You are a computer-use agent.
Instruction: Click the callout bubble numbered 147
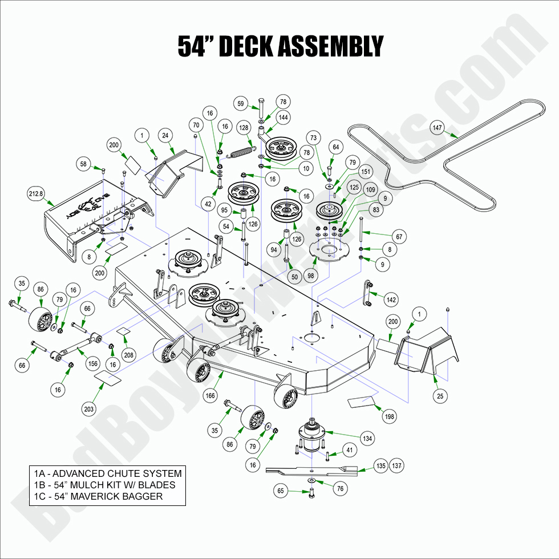pyautogui.click(x=438, y=128)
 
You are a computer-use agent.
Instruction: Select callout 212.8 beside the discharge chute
pyautogui.click(x=36, y=194)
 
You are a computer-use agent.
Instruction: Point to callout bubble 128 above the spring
pyautogui.click(x=244, y=128)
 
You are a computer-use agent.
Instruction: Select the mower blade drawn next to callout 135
pyautogui.click(x=311, y=470)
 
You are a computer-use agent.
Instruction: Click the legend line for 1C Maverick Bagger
pyautogui.click(x=98, y=496)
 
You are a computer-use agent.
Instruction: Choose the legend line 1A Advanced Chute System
pyautogui.click(x=107, y=473)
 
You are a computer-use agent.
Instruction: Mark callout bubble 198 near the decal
pyautogui.click(x=390, y=417)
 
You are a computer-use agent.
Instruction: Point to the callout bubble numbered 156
pyautogui.click(x=93, y=364)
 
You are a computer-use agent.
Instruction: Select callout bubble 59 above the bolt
pyautogui.click(x=241, y=104)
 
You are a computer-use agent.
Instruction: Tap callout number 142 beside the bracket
pyautogui.click(x=391, y=299)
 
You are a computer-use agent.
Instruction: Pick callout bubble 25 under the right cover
pyautogui.click(x=440, y=395)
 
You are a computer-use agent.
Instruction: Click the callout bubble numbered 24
pyautogui.click(x=166, y=135)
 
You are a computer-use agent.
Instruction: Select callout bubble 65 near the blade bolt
pyautogui.click(x=280, y=490)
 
